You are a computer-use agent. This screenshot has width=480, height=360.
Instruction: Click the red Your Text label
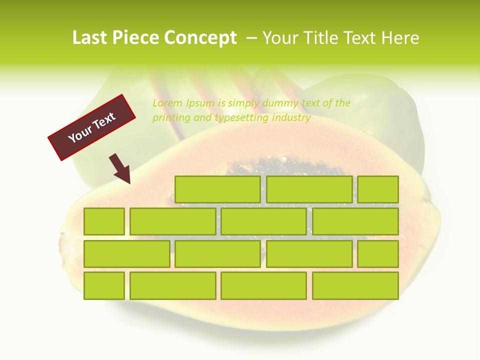[x=92, y=127]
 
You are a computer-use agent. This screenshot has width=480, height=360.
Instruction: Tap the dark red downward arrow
[x=120, y=168]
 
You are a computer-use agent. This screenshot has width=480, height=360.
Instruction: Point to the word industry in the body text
[x=291, y=118]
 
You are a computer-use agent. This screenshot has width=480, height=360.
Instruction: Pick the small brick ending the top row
[x=378, y=189]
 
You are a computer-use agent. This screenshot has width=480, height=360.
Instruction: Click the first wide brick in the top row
[x=217, y=189]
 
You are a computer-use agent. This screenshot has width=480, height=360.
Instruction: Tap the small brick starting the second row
[x=104, y=221]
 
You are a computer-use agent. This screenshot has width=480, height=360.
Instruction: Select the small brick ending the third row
[x=378, y=253]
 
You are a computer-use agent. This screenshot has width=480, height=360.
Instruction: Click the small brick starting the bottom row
[x=104, y=285]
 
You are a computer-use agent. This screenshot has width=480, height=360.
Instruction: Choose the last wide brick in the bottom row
[x=355, y=285]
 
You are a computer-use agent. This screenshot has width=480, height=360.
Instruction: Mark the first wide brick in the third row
[x=126, y=253]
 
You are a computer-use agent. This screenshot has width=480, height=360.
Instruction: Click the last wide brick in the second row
[x=355, y=221]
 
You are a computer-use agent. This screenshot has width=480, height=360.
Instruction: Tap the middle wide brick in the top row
[x=309, y=189]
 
